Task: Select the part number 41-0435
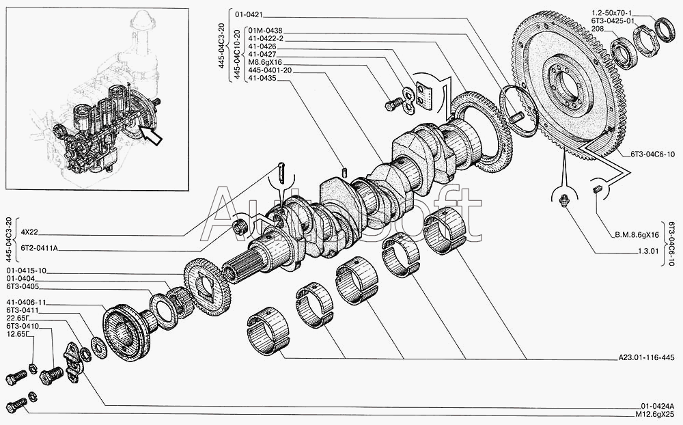[x=263, y=77]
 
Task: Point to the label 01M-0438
[x=263, y=31]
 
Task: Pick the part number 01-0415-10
[x=26, y=271]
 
